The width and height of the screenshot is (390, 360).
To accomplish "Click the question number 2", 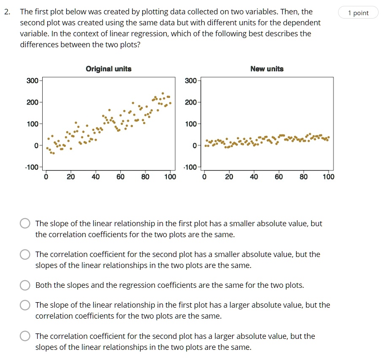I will point(7,12).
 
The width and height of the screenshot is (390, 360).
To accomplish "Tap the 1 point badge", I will point(358,13).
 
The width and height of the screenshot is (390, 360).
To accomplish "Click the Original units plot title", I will point(108,69).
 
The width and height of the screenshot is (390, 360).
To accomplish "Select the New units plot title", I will point(267,69).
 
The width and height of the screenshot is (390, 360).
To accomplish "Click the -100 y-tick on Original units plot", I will point(32,167).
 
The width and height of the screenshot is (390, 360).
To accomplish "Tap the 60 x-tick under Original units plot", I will point(120,177).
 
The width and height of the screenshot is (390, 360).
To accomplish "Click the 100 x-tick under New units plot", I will point(328,177).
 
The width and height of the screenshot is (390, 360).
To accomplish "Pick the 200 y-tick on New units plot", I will point(191,102).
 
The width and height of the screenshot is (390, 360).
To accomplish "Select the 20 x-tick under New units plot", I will point(229,177).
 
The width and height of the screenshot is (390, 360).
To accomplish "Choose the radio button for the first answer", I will point(25,224).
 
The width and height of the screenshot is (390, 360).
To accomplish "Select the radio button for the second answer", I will point(25,254).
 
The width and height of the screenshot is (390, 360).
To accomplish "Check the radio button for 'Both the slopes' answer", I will point(25,285).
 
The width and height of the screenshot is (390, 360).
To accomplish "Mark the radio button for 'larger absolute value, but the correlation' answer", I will point(25,305).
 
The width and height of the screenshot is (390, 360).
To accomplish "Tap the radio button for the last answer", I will point(25,336).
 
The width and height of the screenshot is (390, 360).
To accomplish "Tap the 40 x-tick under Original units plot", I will point(95,177).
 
